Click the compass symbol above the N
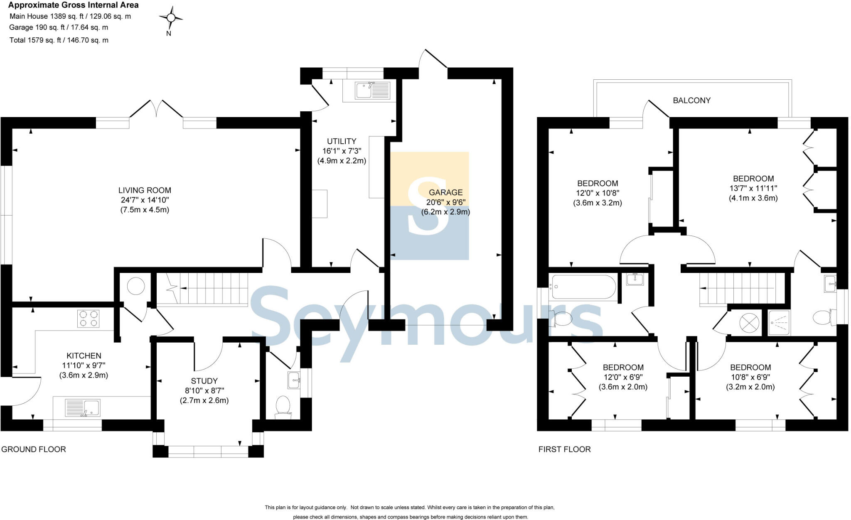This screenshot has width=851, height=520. (x=171, y=17)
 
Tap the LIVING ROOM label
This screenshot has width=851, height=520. (x=145, y=190)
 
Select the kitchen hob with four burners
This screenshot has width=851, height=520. (x=88, y=319)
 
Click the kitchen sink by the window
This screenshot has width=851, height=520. (x=83, y=408)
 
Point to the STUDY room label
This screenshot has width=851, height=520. (x=204, y=381)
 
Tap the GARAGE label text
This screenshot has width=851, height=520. (x=445, y=192)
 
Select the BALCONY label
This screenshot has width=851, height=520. (x=691, y=101)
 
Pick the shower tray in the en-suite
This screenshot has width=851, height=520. (x=778, y=323)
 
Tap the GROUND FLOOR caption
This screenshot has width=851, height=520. (x=34, y=449)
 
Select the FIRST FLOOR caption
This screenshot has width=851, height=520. (x=564, y=449)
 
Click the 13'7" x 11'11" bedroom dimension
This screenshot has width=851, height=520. (x=753, y=188)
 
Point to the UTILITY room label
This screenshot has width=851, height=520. (x=341, y=141)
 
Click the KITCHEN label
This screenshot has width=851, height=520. (x=84, y=356)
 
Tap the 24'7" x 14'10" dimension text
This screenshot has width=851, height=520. (x=145, y=200)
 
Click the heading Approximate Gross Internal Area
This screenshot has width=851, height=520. (x=74, y=5)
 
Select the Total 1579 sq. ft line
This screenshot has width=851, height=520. (x=59, y=40)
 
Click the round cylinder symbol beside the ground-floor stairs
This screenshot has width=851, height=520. (x=135, y=286)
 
